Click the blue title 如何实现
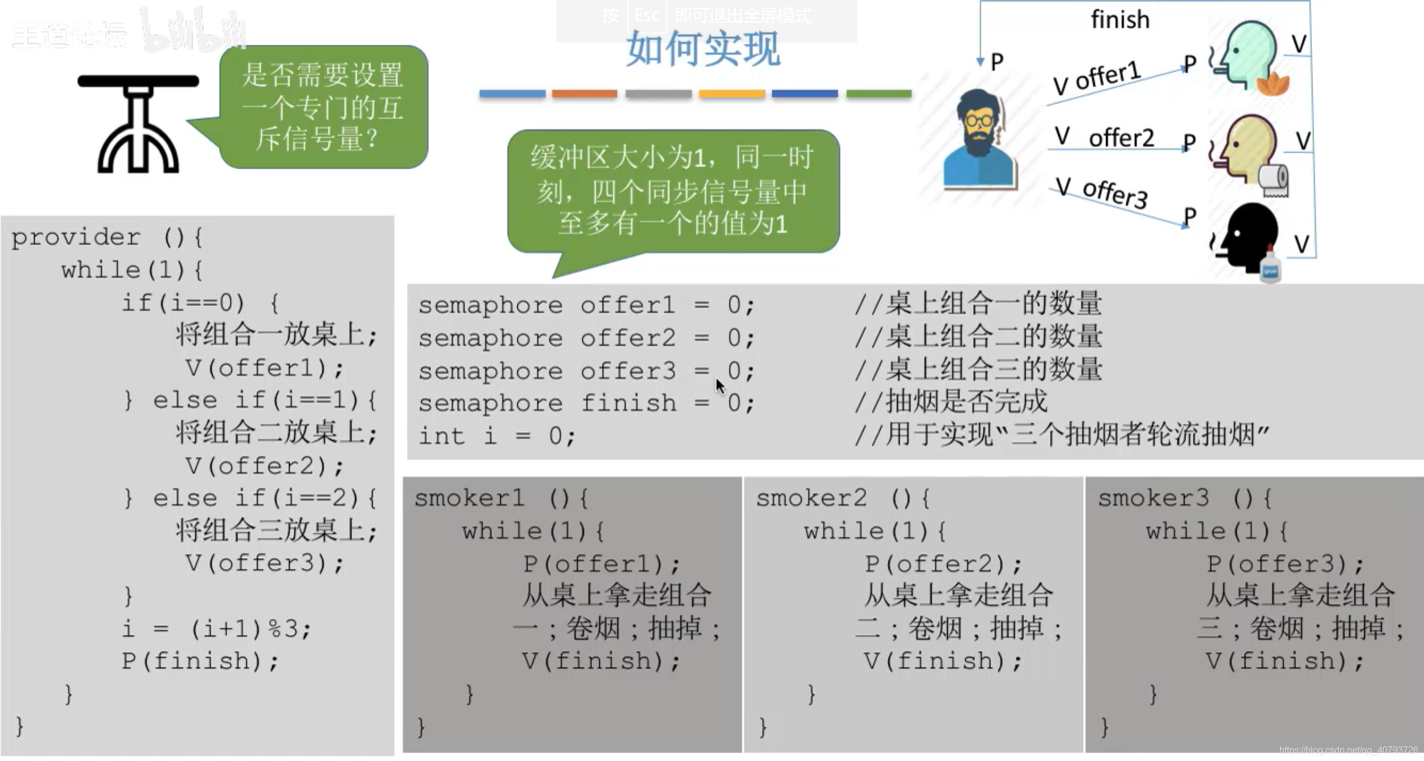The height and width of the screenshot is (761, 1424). point(703,50)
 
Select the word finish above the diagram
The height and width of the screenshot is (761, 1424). point(1120,20)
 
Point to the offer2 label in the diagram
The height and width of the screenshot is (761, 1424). point(1121,138)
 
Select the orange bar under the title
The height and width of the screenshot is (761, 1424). point(584,93)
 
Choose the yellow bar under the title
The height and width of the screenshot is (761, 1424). point(731,93)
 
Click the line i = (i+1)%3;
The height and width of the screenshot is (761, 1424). point(216,629)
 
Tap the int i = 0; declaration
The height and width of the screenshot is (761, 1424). point(497,436)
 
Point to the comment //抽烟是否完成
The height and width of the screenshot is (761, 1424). point(950,402)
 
